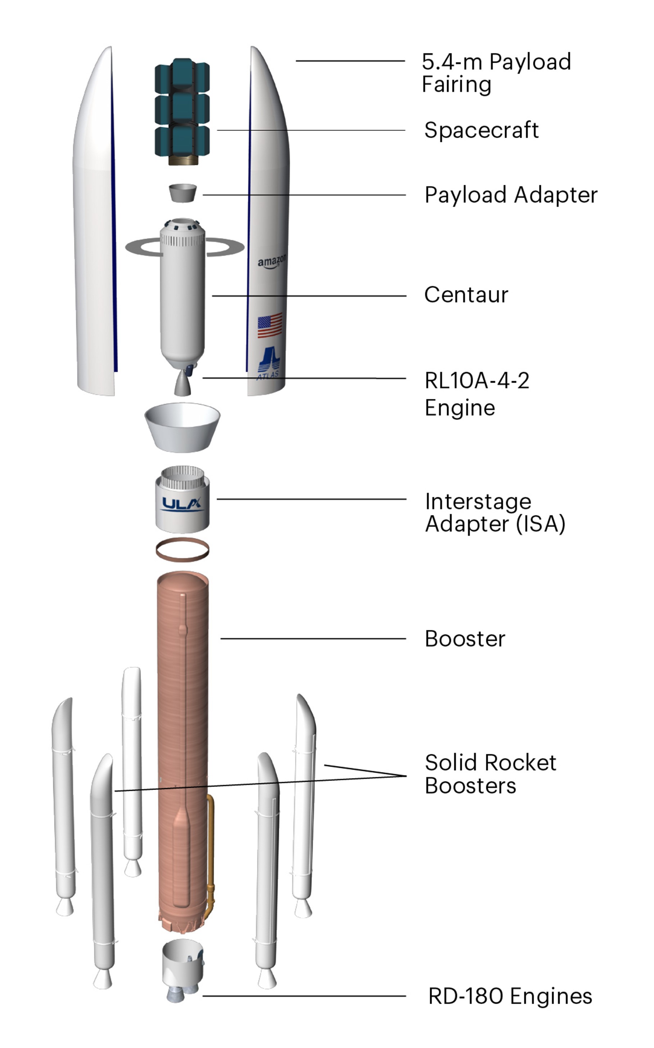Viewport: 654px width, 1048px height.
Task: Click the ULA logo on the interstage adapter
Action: pos(182,504)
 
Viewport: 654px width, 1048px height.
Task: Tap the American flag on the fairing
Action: pos(270,325)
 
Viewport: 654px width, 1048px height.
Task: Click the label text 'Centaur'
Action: pos(466,295)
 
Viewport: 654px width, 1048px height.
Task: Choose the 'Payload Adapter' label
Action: pos(511,195)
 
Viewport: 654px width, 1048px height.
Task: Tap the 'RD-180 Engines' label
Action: pos(510,996)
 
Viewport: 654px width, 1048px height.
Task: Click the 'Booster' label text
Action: pos(465,639)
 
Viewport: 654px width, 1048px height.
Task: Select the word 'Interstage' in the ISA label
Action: pos(478,502)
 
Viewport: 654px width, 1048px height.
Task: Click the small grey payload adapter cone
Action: pos(182,193)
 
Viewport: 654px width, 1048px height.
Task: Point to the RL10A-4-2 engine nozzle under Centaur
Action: pos(182,383)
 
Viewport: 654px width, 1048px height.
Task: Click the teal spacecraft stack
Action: pos(182,108)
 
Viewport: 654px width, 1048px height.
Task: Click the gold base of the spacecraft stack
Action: pos(183,161)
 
